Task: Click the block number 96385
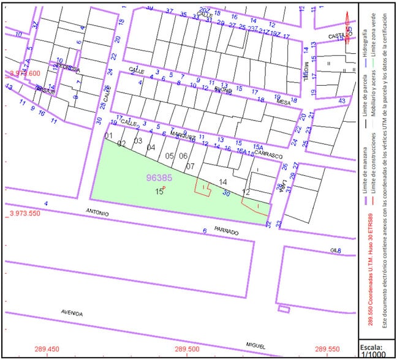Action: click(159, 178)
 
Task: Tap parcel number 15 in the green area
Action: click(159, 192)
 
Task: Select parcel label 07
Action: click(190, 167)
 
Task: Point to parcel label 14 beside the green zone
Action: click(222, 182)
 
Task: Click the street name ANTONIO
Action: click(97, 214)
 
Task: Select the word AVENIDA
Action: click(72, 313)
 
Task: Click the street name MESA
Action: click(283, 103)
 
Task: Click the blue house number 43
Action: click(342, 101)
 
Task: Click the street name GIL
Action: click(335, 250)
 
